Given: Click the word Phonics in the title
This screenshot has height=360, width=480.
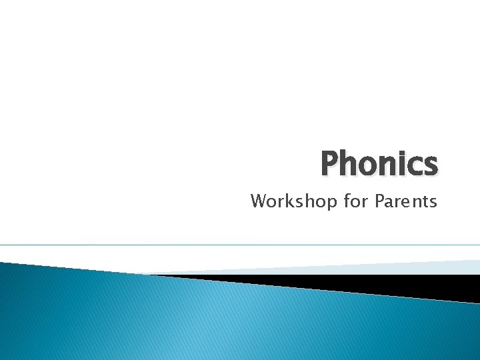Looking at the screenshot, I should (379, 164).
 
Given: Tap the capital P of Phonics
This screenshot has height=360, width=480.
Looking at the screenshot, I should (331, 164).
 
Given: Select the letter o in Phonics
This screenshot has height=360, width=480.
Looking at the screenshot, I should (371, 167).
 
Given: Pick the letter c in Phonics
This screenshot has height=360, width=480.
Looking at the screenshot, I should (415, 167).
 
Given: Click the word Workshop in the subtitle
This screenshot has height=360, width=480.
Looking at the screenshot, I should (295, 201).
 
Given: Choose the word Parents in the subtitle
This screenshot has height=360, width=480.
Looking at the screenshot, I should (406, 201).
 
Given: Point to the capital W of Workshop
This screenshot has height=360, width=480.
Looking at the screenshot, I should (259, 201).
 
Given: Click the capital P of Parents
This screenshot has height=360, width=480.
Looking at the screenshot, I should (380, 201).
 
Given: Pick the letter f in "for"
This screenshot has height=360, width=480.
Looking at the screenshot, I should (347, 201).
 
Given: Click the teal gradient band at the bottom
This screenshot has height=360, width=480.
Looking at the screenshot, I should (200, 320).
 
